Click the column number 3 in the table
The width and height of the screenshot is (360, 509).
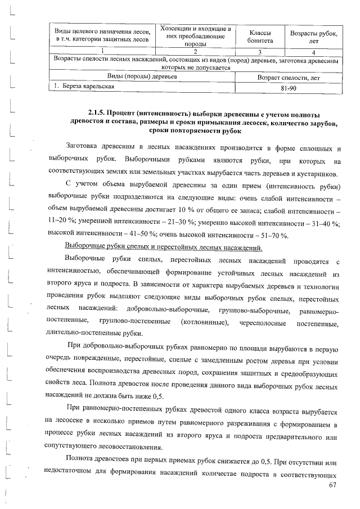[x=260, y=52]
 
